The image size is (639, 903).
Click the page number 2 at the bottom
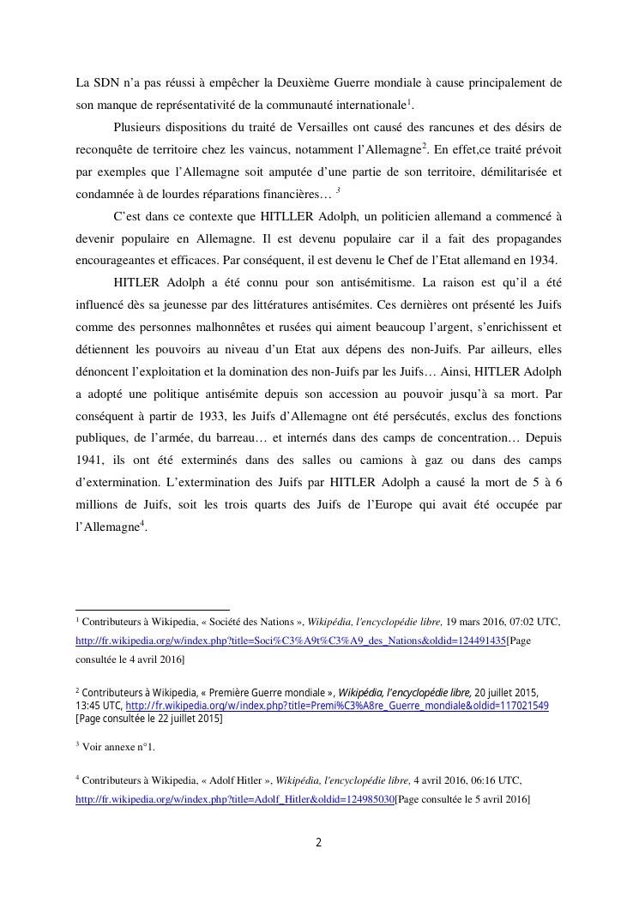319,842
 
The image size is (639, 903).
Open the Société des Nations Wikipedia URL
291,641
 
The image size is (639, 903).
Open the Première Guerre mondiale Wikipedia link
337,706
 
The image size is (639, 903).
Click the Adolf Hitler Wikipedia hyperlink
235,799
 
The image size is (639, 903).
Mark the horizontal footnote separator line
153,610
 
